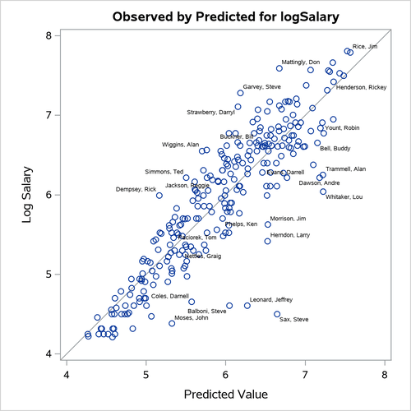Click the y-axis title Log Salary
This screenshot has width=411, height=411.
pyautogui.click(x=24, y=195)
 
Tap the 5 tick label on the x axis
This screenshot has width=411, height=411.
pyautogui.click(x=146, y=375)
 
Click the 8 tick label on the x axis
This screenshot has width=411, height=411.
pyautogui.click(x=385, y=375)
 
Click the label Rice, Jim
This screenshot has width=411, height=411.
pyautogui.click(x=365, y=47)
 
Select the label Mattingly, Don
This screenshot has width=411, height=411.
pyautogui.click(x=301, y=62)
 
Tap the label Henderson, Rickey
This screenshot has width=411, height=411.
pyautogui.click(x=362, y=87)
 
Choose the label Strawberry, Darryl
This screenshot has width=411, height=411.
pyautogui.click(x=210, y=112)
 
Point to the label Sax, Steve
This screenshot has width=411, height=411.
pyautogui.click(x=294, y=319)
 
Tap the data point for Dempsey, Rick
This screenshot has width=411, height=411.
pyautogui.click(x=159, y=195)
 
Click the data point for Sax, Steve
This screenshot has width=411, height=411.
pyautogui.click(x=277, y=314)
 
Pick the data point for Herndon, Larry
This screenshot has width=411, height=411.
pyautogui.click(x=267, y=241)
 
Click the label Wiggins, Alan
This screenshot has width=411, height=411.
pyautogui.click(x=181, y=145)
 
